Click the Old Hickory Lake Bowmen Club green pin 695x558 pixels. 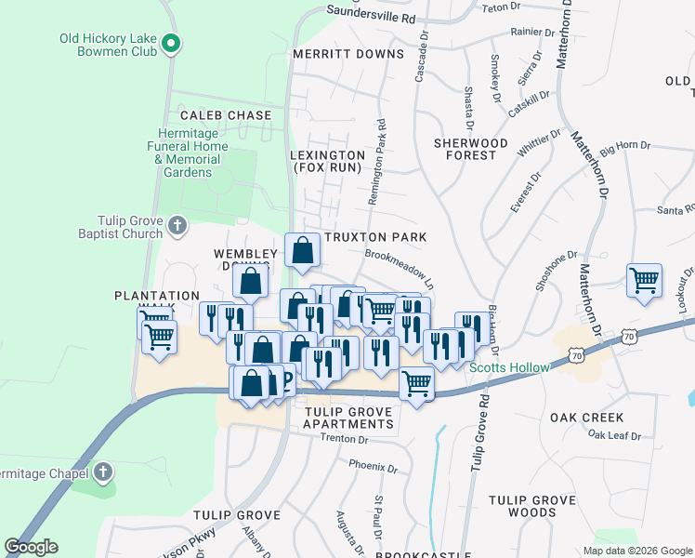click(x=171, y=42)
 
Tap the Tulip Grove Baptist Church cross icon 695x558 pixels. click(x=177, y=225)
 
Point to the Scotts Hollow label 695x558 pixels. click(x=508, y=367)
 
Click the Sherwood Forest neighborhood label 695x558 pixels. click(x=471, y=149)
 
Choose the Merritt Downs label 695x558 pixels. click(x=347, y=54)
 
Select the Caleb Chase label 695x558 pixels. click(x=226, y=115)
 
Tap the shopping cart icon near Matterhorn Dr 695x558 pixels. click(x=644, y=279)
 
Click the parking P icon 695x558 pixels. click(x=285, y=379)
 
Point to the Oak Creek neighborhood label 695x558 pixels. click(x=586, y=418)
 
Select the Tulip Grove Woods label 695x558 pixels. click(x=532, y=506)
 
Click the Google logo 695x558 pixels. click(x=31, y=547)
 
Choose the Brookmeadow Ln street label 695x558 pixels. click(x=400, y=266)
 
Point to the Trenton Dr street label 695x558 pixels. click(x=336, y=439)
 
